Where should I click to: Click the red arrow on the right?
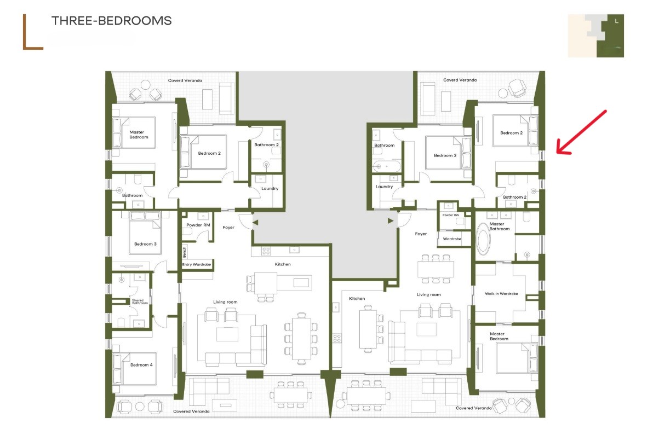point(581,132)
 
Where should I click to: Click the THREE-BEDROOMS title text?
point(112,21)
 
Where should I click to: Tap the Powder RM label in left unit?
point(198,225)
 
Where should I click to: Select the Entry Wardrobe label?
point(197,264)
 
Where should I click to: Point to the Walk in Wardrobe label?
point(501,294)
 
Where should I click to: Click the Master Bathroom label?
point(499,226)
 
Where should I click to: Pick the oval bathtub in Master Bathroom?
point(483,239)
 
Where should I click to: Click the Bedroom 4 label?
point(141,365)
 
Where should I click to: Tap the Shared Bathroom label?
point(140,301)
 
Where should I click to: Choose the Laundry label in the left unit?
point(270,188)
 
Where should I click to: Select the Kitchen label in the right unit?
point(357,299)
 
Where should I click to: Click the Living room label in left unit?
point(225,302)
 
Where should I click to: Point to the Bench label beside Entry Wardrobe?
point(185,252)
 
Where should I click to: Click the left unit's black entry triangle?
point(255,223)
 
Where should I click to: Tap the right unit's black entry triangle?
point(390,221)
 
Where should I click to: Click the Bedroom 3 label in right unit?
point(445,155)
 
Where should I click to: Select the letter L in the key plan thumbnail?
point(617,21)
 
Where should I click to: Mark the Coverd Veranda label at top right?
point(460,80)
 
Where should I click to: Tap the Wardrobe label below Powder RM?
point(452,239)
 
